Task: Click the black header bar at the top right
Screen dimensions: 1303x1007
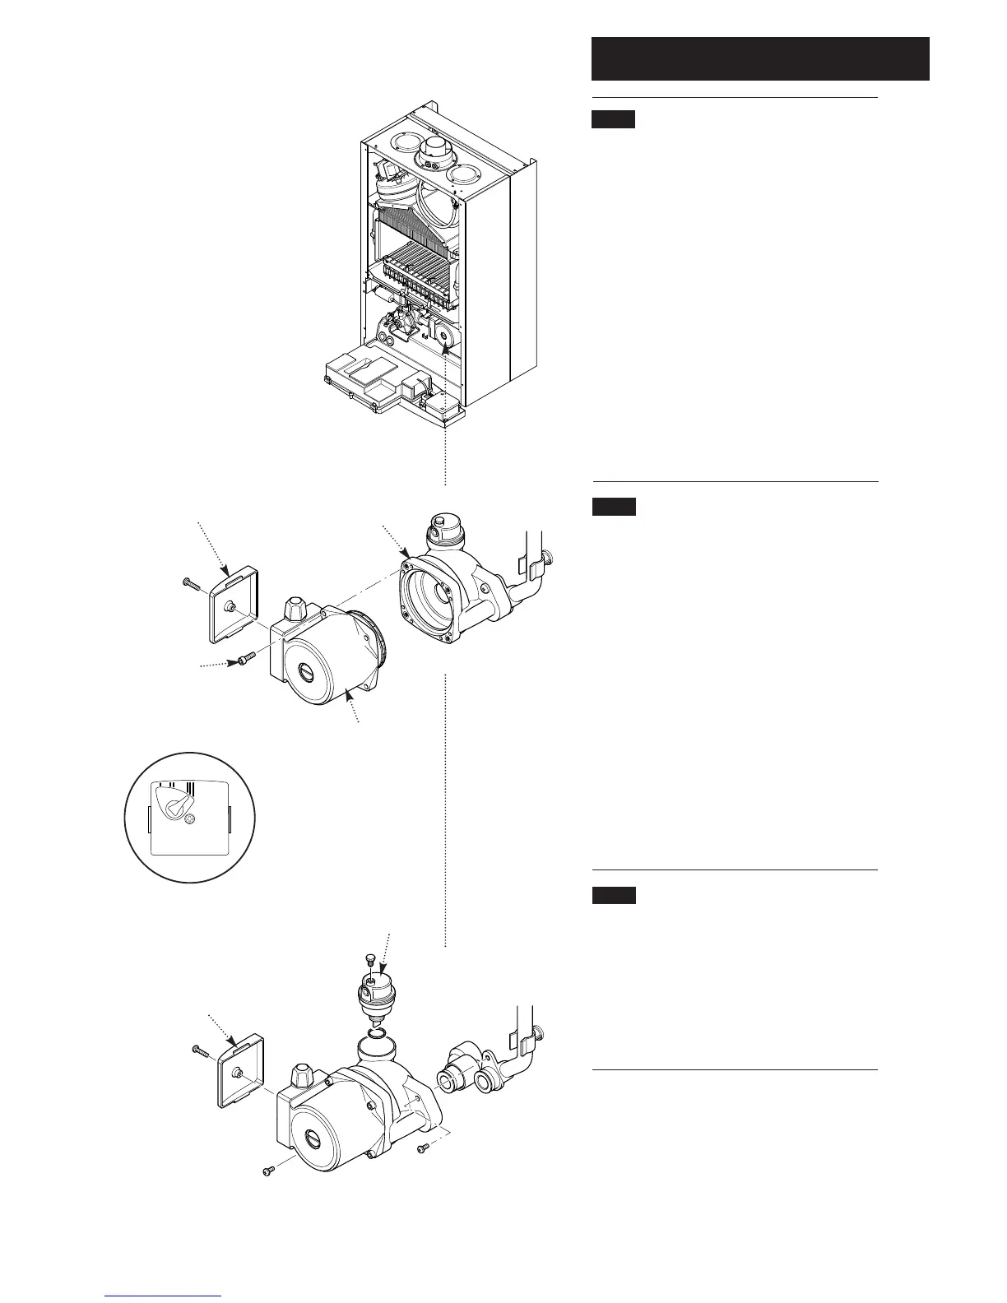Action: (x=760, y=58)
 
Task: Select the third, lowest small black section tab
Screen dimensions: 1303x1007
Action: (x=613, y=895)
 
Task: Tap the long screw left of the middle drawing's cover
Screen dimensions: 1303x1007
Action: (x=191, y=584)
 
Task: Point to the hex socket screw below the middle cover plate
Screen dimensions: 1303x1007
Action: (x=244, y=658)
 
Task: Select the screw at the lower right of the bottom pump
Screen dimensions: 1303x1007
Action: (x=424, y=1147)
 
